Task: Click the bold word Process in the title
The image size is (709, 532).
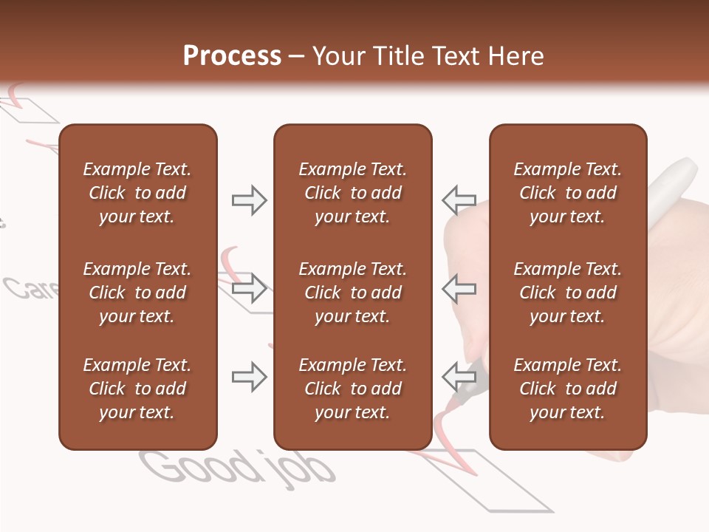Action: click(x=232, y=56)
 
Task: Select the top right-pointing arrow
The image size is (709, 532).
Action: click(x=250, y=200)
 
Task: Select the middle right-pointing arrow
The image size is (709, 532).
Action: click(x=250, y=287)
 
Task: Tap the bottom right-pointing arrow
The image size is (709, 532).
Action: click(x=250, y=377)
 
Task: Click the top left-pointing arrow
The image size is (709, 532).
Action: click(x=459, y=200)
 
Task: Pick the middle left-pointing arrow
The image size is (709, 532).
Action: click(x=459, y=287)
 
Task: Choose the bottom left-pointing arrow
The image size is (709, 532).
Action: click(x=459, y=377)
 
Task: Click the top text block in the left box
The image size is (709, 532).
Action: click(x=137, y=193)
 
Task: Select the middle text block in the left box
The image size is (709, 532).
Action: click(x=137, y=293)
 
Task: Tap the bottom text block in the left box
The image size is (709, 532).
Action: click(x=137, y=389)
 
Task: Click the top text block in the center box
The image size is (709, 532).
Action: click(x=352, y=193)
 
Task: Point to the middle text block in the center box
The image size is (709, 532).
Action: click(x=352, y=293)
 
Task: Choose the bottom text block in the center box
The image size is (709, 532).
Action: click(x=352, y=389)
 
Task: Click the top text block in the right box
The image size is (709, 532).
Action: click(x=567, y=193)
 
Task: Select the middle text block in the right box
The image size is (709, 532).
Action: click(x=567, y=293)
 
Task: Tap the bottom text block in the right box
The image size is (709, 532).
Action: click(x=567, y=389)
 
